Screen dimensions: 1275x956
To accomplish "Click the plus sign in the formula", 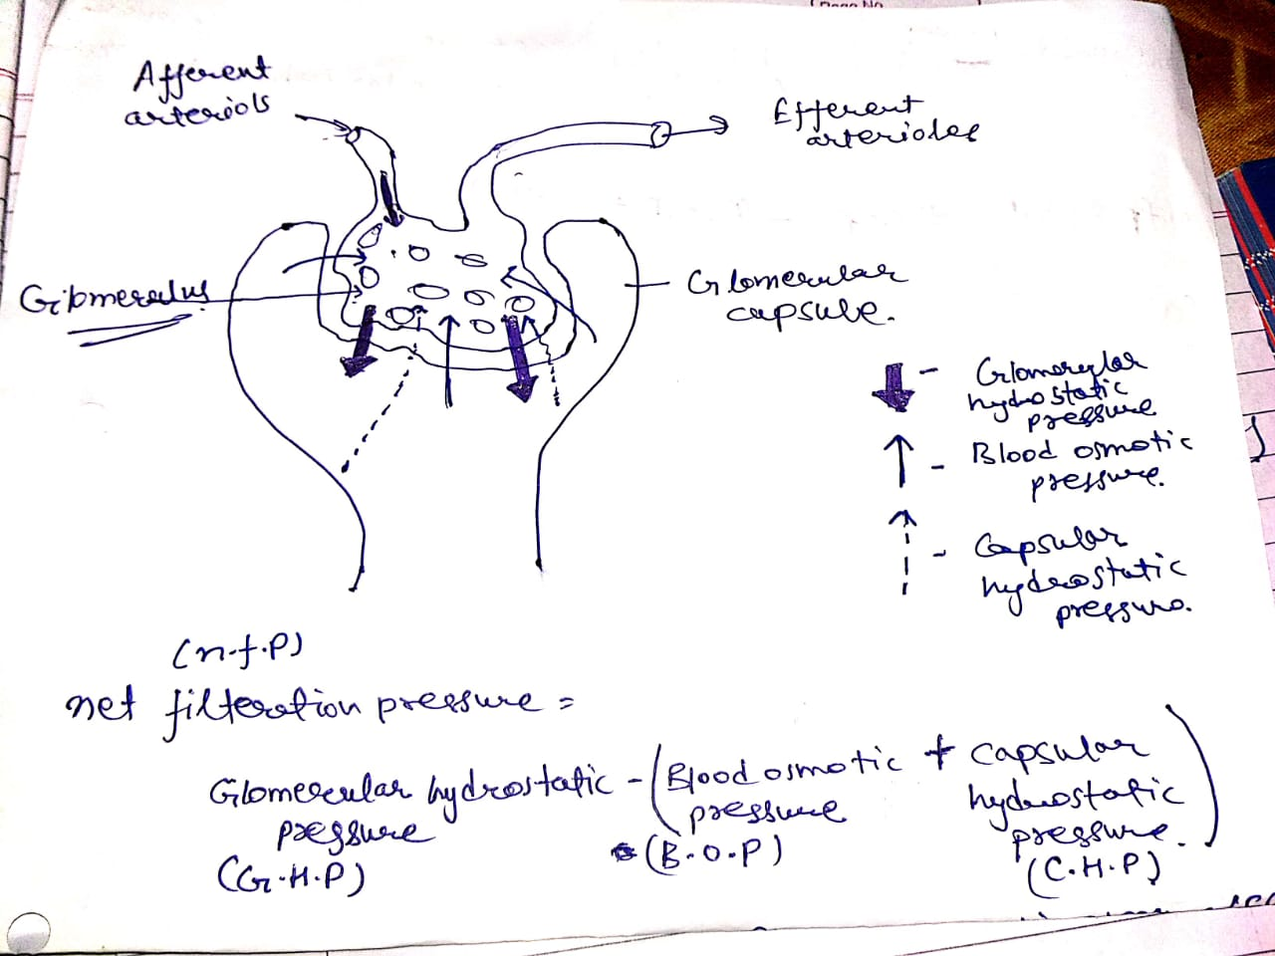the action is tap(938, 756).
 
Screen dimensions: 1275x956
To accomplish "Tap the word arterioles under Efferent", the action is tap(892, 134).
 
